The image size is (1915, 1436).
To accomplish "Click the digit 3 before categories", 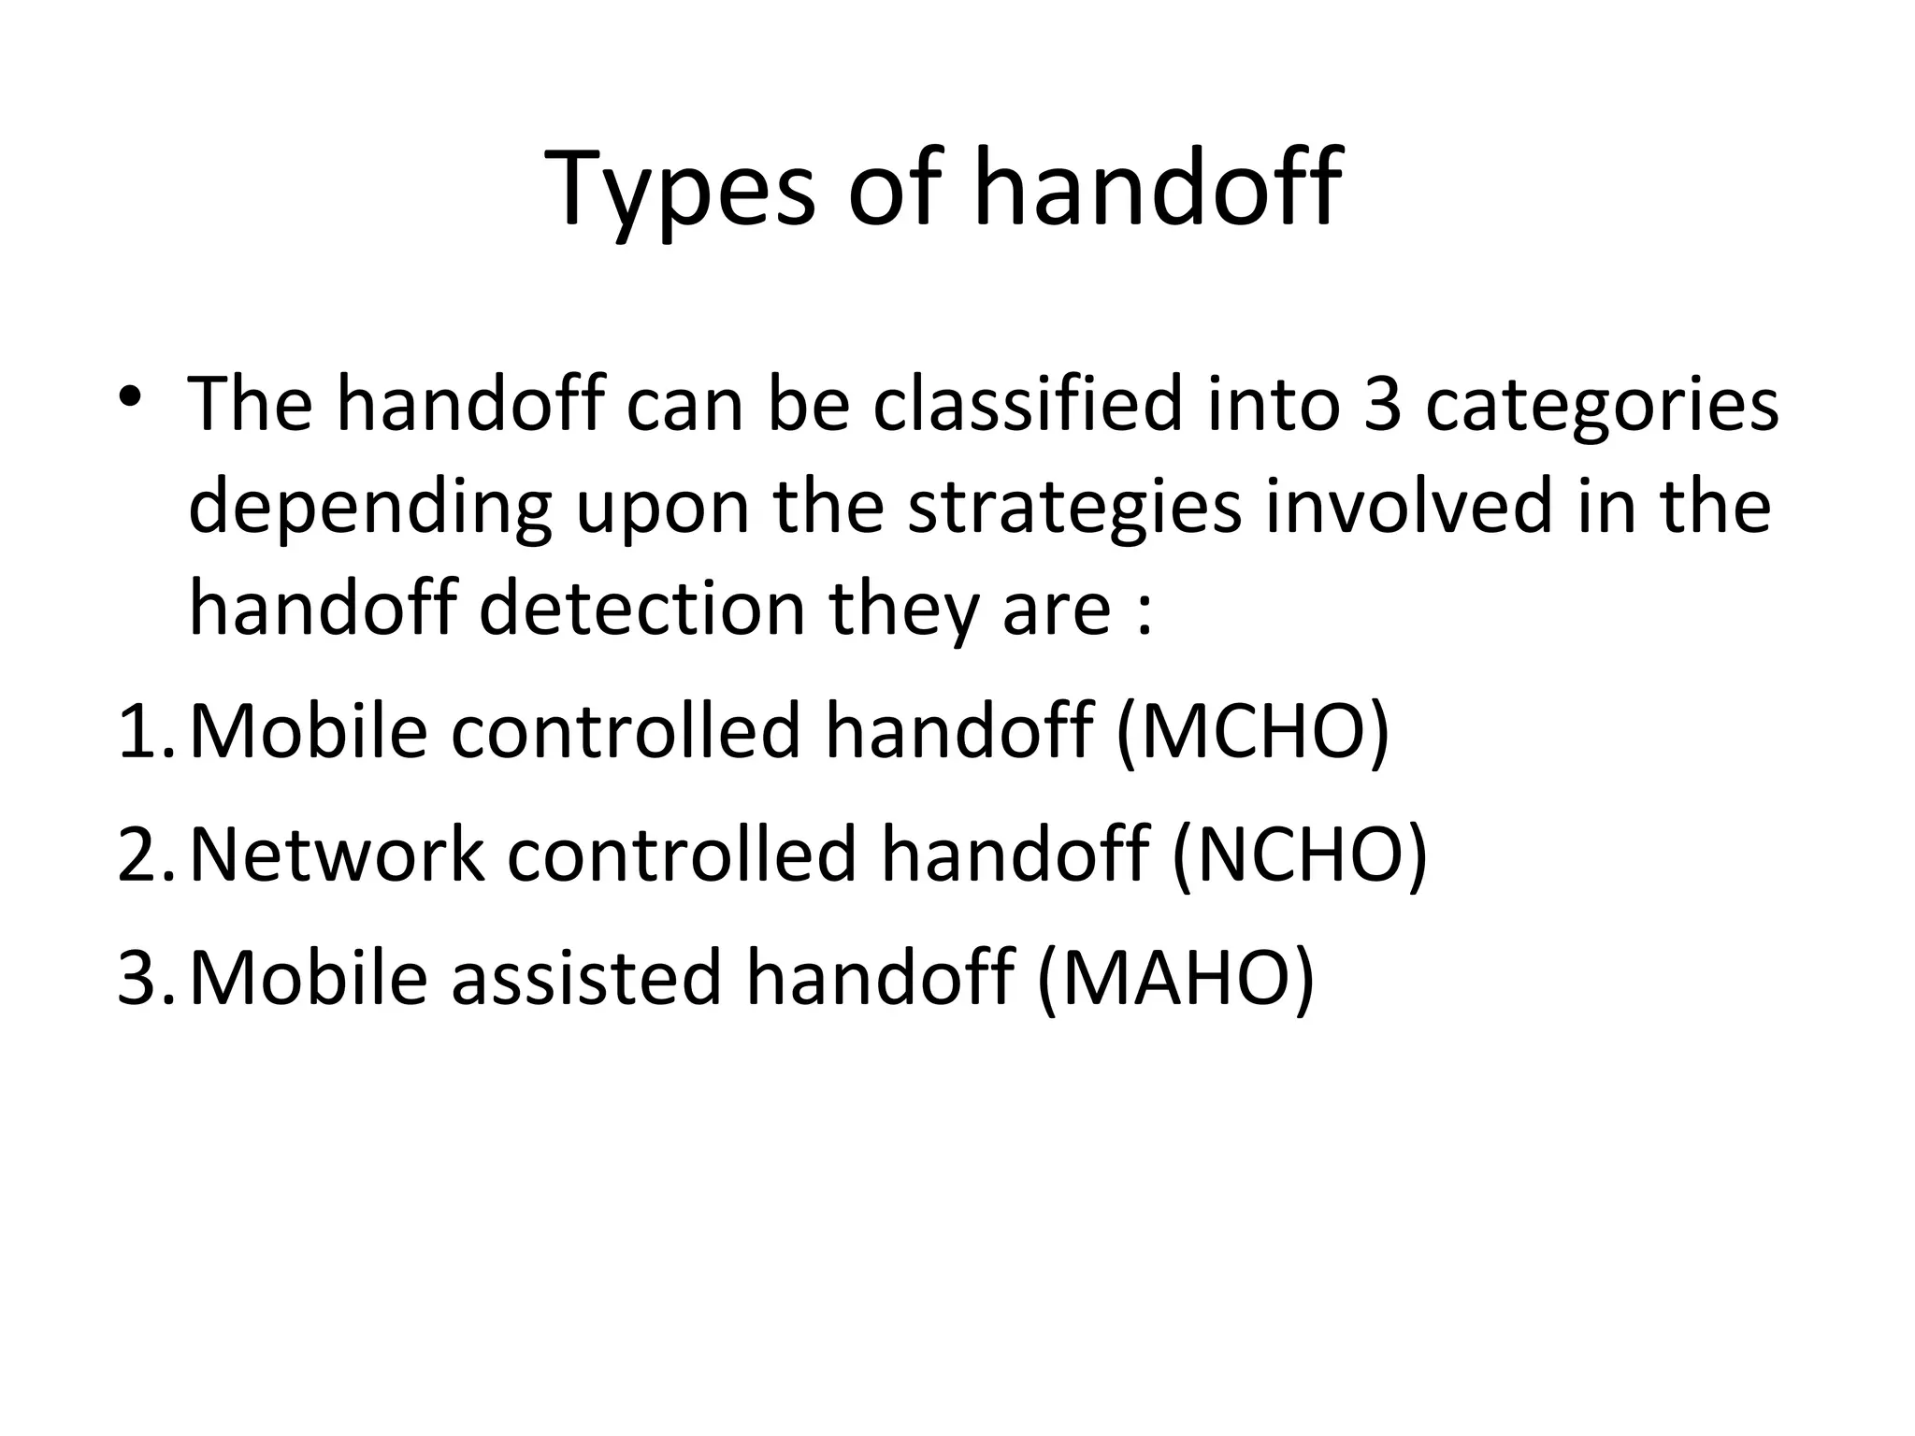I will tap(1383, 404).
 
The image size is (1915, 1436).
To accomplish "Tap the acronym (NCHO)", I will tap(1300, 854).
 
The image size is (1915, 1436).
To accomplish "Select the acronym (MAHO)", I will tap(1175, 977).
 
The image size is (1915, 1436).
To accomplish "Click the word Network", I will tap(337, 854).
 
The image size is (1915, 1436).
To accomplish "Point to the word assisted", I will tap(587, 977).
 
